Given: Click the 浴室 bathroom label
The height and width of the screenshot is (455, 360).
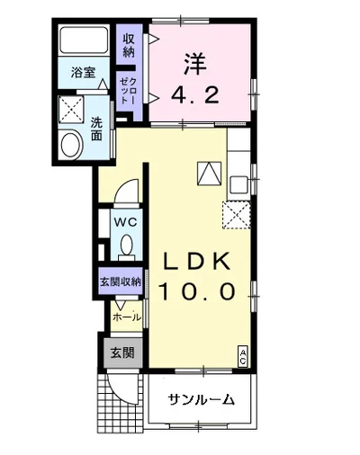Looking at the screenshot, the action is coord(83,73).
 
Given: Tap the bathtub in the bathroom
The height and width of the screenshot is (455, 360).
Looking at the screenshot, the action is coord(83,40).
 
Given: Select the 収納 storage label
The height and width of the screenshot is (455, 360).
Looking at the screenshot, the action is coord(129,46).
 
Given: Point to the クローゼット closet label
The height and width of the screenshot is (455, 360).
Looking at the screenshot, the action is coord(129,90).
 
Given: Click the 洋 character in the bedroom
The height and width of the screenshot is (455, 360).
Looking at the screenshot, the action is coord(195,64).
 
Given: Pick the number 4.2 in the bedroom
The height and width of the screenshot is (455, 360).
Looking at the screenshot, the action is coord(195,94).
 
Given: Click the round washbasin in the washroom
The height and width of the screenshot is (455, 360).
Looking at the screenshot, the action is coord(71,146).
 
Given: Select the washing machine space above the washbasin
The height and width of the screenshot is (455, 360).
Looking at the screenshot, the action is coord(71,110).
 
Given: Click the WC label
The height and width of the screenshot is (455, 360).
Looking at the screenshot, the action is coord(125,222).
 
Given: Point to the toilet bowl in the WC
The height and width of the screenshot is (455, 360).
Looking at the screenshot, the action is coord(126,245).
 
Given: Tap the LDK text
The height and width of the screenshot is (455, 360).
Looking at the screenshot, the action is coord(196,261).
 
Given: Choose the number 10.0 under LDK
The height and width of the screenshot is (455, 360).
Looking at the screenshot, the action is coord(196,291).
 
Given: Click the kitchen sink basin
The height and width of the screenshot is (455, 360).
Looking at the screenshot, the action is coord(238,184).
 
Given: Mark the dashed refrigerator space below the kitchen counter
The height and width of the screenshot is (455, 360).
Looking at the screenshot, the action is coord(237,215).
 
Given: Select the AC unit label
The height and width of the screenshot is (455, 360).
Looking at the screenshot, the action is coord(242,356).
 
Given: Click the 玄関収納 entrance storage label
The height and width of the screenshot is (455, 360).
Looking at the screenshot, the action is coord(121,281).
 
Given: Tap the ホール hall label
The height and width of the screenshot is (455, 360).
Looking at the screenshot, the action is coord(127,317).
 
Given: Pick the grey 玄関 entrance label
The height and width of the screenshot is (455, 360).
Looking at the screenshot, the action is coord(122,352).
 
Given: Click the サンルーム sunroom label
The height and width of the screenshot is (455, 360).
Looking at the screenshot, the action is coord(201,399).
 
